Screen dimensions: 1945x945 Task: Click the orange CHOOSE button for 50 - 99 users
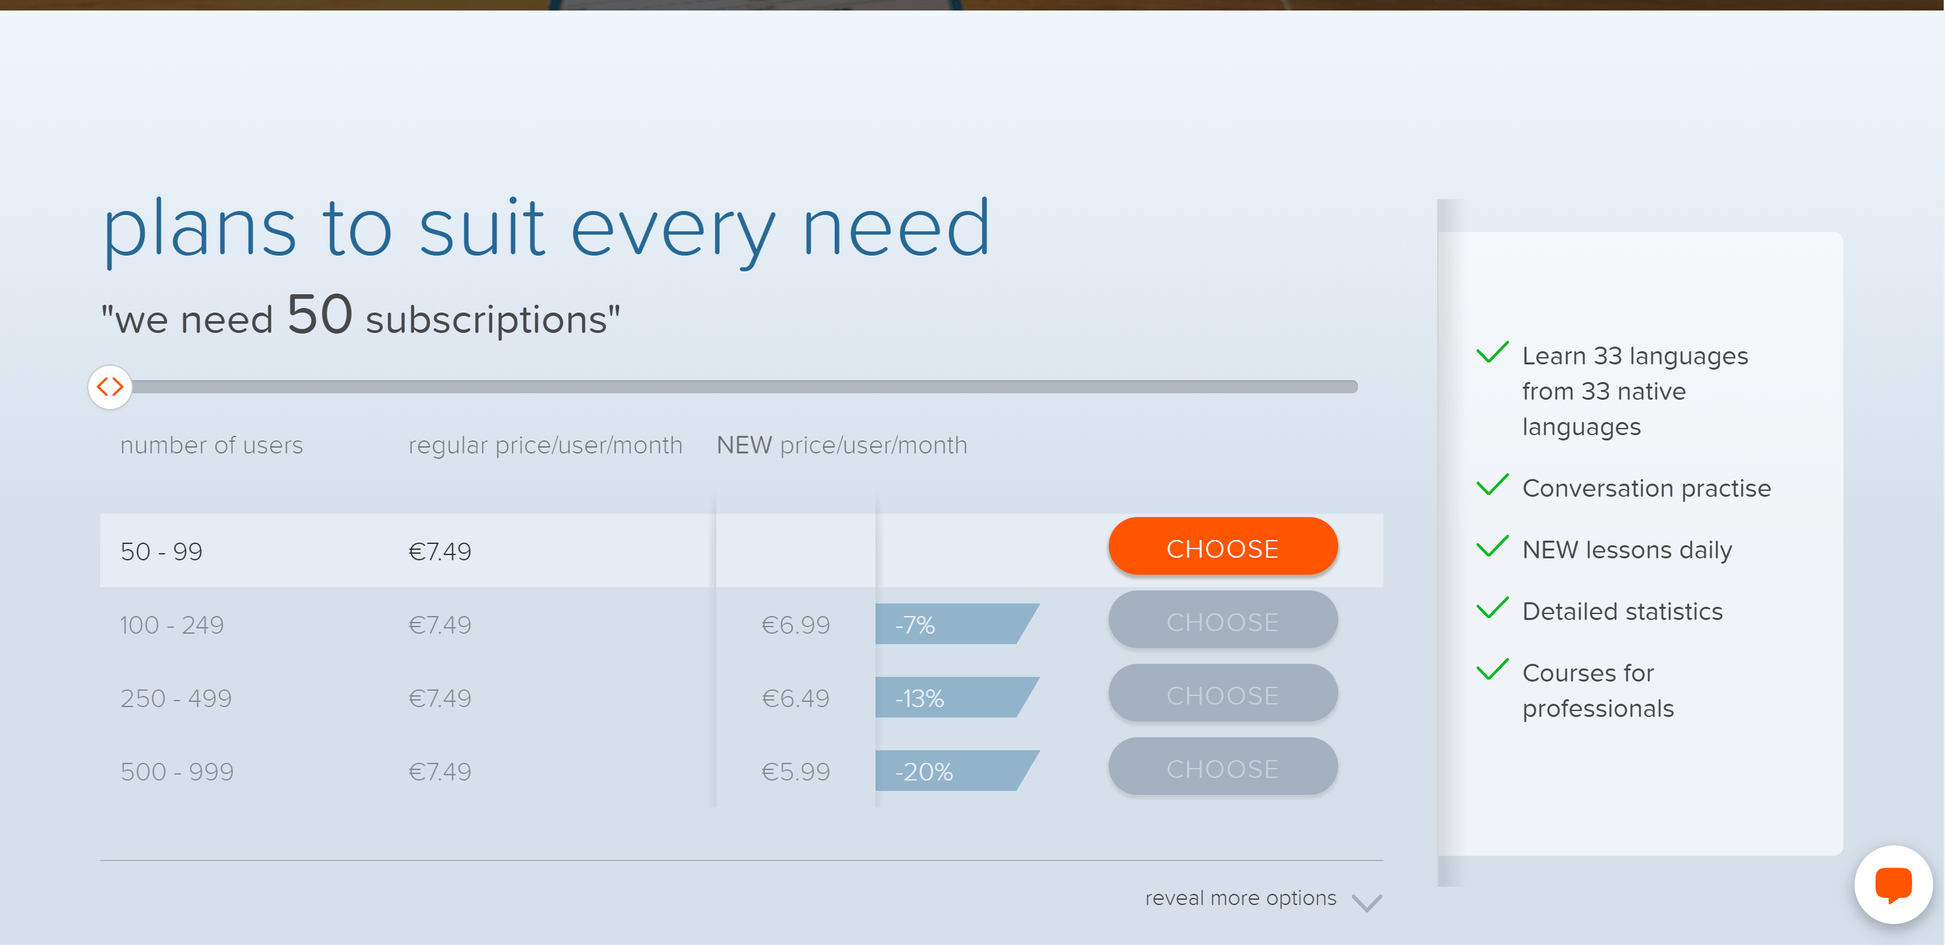[1222, 547]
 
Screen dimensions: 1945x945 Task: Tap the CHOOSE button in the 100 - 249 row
[1222, 621]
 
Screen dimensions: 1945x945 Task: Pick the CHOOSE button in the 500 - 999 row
[1222, 767]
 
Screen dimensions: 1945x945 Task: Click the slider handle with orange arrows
[110, 387]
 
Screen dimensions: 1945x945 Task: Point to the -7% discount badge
[957, 623]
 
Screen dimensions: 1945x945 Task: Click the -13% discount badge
[957, 697]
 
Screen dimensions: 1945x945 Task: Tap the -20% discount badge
[957, 770]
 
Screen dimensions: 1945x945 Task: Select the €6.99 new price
[795, 625]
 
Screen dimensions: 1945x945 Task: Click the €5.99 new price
[795, 771]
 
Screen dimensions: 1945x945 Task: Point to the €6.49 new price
[795, 698]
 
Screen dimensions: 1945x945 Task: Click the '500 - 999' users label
[178, 771]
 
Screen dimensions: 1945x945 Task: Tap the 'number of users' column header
[212, 446]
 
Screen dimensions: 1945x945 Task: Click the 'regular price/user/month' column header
[545, 446]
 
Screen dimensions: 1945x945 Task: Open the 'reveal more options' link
[1241, 897]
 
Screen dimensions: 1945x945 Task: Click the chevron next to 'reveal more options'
[1366, 902]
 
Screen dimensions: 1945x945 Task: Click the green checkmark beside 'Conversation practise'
[1492, 484]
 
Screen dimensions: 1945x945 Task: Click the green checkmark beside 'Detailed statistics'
[1492, 607]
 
